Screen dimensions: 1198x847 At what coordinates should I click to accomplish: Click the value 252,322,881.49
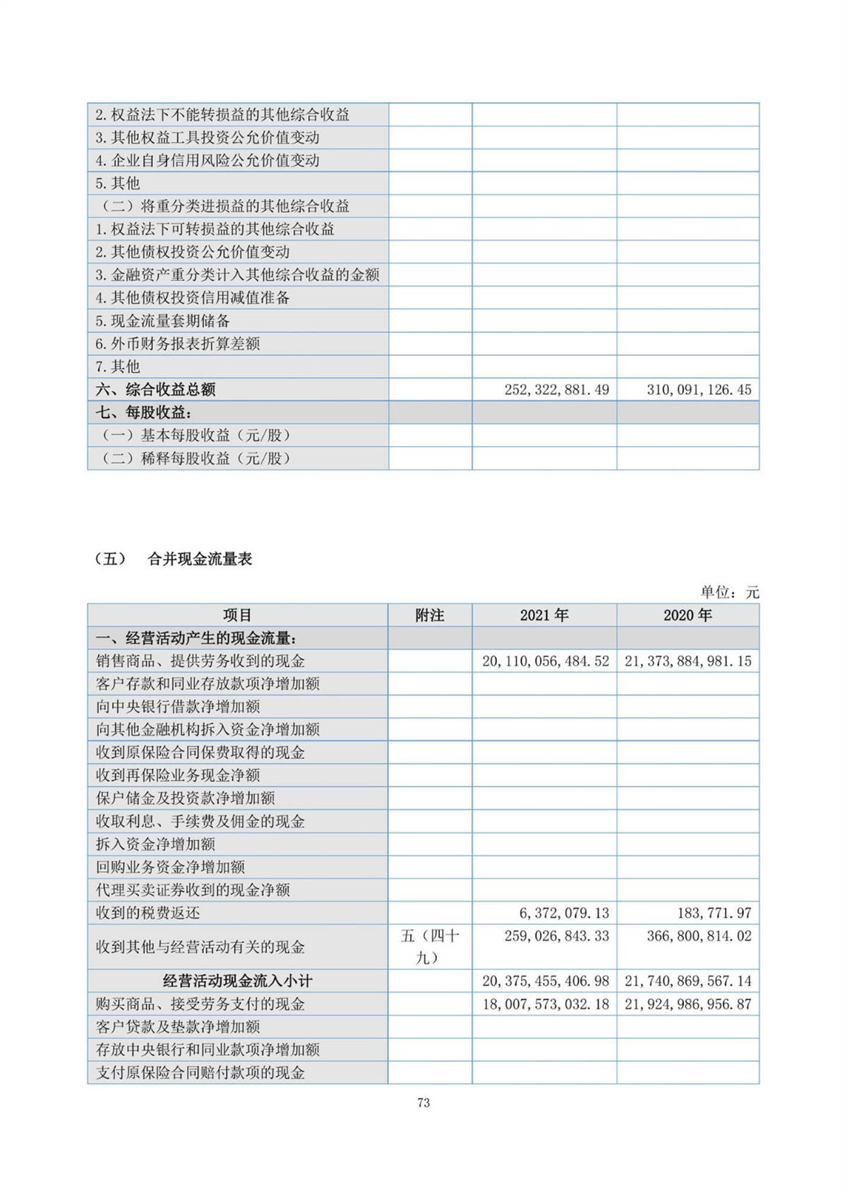[x=556, y=390]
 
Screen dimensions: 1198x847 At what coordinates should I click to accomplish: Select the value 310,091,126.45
[x=699, y=390]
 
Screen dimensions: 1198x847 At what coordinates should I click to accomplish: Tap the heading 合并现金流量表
[x=200, y=559]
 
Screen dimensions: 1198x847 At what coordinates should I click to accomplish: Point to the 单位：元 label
[x=730, y=592]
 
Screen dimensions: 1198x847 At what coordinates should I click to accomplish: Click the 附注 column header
[x=429, y=616]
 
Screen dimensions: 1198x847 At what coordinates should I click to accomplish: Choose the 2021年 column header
[x=544, y=616]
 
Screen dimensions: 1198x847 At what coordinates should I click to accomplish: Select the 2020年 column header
[x=687, y=616]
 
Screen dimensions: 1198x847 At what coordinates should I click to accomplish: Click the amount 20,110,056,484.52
[x=546, y=661]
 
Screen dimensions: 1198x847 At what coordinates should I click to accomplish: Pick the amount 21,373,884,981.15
[x=688, y=661]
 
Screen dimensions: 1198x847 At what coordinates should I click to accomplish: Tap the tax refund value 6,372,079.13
[x=564, y=913]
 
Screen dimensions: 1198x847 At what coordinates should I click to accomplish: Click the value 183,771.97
[x=714, y=913]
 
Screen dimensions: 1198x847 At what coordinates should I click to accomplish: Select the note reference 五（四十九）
[x=429, y=947]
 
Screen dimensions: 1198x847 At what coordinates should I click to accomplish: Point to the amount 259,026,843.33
[x=556, y=936]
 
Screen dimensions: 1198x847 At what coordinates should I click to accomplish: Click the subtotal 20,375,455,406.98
[x=546, y=981]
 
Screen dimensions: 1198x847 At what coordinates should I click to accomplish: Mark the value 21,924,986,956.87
[x=688, y=1004]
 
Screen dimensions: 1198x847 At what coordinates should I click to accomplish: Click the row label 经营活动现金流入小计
[x=237, y=981]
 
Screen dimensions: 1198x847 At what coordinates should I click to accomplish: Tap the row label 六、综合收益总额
[x=155, y=390]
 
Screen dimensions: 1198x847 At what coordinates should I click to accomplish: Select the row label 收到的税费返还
[x=148, y=913]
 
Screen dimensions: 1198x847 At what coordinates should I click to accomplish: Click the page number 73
[x=423, y=1103]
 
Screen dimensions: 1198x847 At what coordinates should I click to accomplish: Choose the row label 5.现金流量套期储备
[x=163, y=321]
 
